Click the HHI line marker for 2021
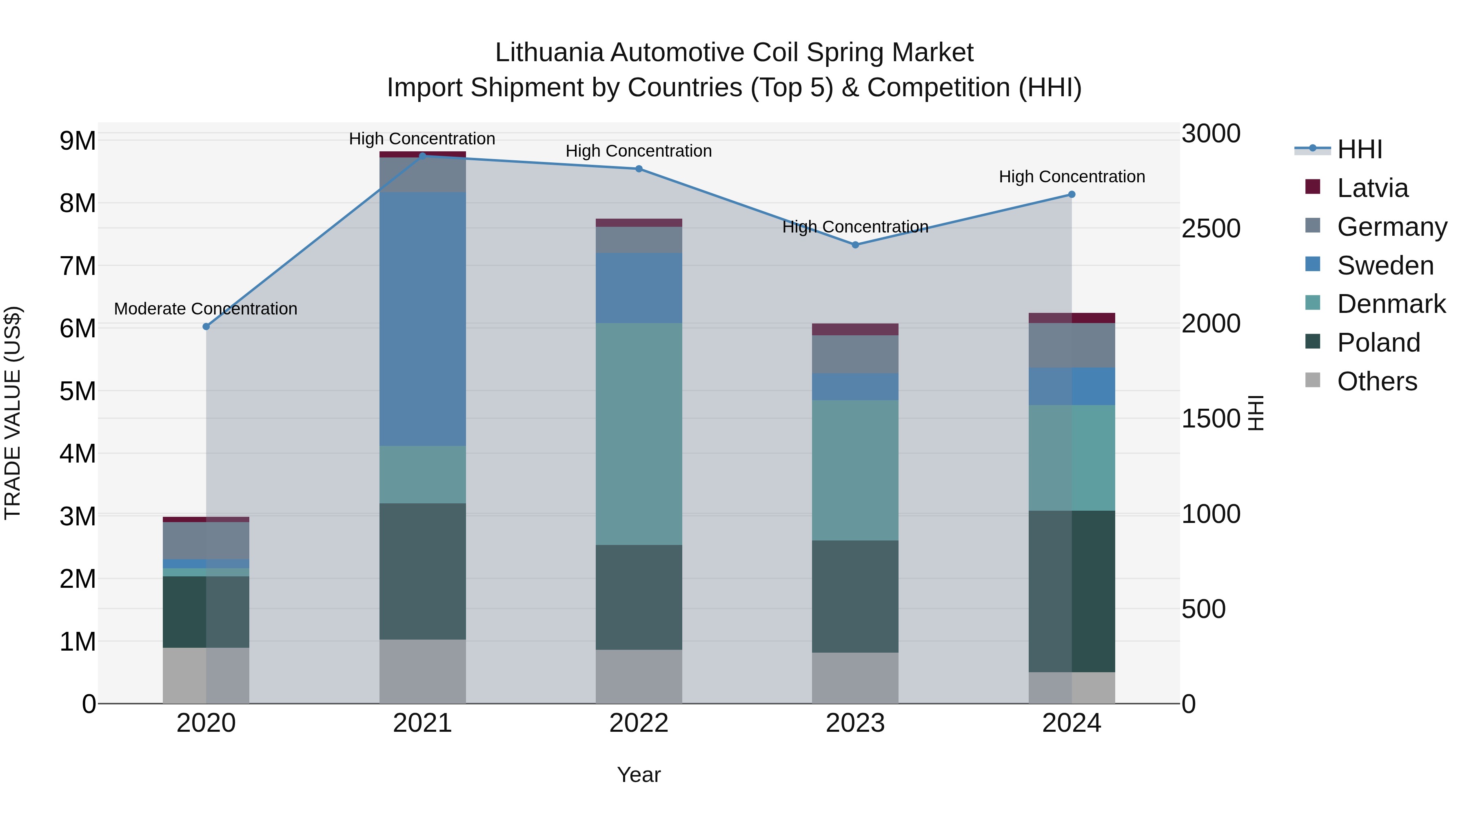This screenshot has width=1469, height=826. [423, 156]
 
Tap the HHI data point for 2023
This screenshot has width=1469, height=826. [855, 245]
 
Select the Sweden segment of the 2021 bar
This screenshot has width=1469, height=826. [423, 319]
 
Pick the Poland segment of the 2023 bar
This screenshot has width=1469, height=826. [855, 596]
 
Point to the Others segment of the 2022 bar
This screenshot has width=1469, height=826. [639, 677]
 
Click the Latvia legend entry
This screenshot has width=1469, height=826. [1372, 188]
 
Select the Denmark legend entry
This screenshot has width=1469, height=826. [1390, 304]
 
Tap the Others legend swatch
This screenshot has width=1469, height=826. [1312, 380]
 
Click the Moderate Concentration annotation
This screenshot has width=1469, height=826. [205, 309]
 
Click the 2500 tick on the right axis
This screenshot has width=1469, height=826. [1210, 228]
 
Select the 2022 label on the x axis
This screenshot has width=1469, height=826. [639, 723]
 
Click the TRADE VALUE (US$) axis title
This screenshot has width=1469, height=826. [13, 413]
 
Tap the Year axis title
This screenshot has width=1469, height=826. [639, 775]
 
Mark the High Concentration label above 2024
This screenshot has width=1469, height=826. [1072, 177]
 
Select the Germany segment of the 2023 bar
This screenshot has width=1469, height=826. [855, 354]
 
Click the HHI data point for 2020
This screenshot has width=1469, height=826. [206, 327]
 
